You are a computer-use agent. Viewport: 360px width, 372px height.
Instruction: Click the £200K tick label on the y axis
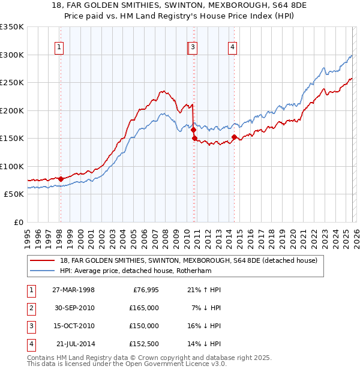12,110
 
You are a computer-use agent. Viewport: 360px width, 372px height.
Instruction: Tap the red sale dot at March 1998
61,179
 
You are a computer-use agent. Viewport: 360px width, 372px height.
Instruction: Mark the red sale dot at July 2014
234,137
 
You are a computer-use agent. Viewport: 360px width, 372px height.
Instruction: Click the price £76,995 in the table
144,290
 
